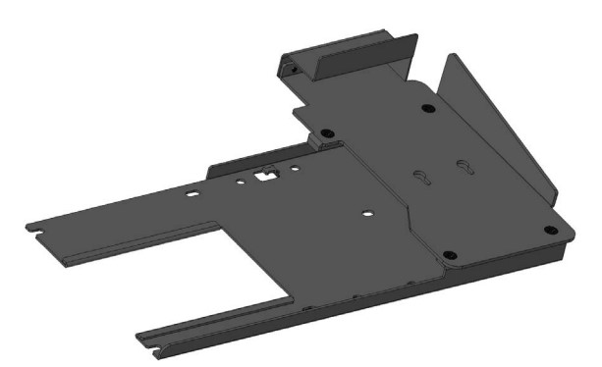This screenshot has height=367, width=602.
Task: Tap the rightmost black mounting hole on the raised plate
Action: click(550, 230)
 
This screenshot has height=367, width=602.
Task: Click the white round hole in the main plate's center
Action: click(365, 211)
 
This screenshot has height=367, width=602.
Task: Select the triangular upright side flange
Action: click(501, 137)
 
